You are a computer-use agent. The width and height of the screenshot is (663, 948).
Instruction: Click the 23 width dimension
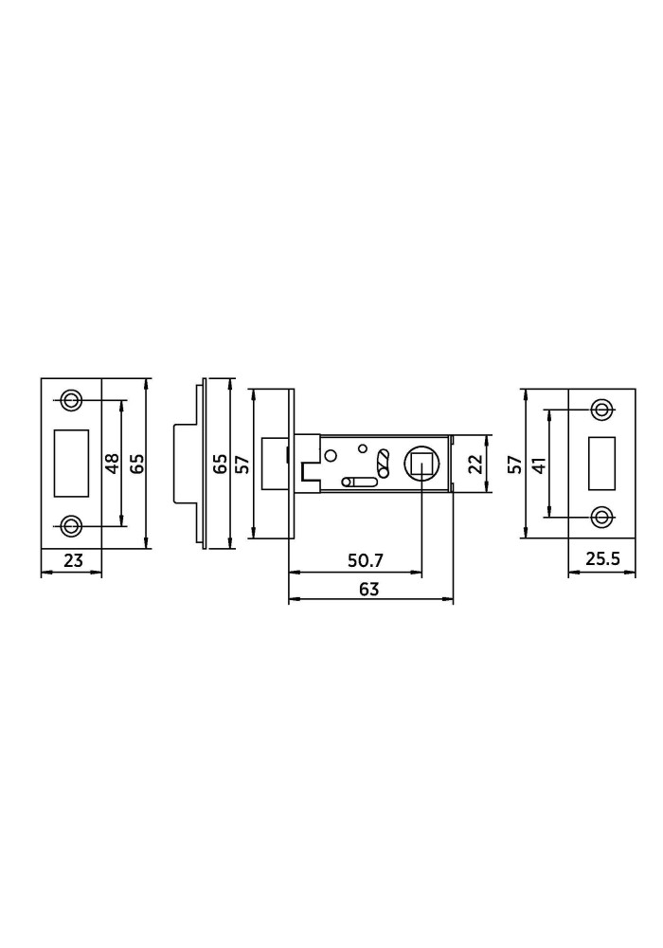click(73, 560)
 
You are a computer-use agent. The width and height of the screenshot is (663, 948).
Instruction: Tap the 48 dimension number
click(113, 464)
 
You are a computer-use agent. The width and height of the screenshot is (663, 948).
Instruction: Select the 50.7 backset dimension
click(366, 560)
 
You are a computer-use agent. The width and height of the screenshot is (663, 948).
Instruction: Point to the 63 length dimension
click(368, 589)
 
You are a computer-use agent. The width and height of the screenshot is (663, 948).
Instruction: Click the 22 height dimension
click(477, 464)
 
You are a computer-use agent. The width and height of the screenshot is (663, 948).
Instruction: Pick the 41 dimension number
click(539, 465)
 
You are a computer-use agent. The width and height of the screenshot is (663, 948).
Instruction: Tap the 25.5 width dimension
click(602, 558)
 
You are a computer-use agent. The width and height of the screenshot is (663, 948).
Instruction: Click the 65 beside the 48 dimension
click(137, 464)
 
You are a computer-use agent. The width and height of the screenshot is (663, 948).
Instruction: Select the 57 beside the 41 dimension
click(514, 465)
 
